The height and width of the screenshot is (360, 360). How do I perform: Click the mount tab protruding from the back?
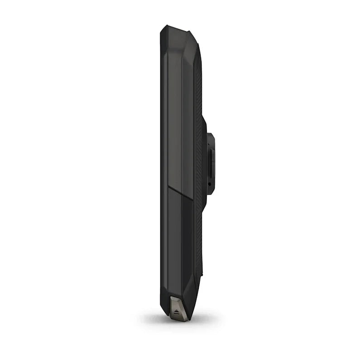pos(211,163)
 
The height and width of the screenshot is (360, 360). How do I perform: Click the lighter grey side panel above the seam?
pos(174,113)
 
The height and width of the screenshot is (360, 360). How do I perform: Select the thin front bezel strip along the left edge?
pos(163,172)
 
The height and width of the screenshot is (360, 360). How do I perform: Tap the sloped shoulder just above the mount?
pos(203,119)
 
